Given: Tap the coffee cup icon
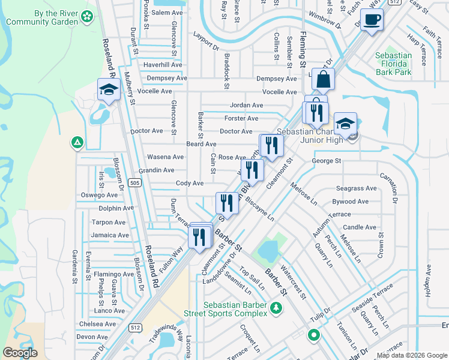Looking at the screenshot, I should tap(372, 19).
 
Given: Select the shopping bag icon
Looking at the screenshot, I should tap(323, 79).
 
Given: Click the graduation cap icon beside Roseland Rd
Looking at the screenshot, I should tap(109, 90).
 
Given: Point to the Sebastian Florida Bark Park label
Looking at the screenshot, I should tap(393, 64).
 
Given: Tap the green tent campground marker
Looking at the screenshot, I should tap(76, 143).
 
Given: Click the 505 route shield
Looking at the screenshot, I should tap(136, 183).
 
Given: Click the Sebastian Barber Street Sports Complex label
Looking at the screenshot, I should tap(235, 309).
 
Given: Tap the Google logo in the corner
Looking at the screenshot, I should tap(19, 353).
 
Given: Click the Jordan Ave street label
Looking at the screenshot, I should tap(246, 105).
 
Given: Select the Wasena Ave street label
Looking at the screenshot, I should tap(165, 157).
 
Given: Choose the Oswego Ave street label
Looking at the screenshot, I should tap(100, 195).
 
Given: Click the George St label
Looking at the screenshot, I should tap(326, 161).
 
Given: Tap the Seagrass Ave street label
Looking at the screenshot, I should tap(356, 188).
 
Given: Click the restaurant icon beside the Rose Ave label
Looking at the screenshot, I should tap(271, 145).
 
